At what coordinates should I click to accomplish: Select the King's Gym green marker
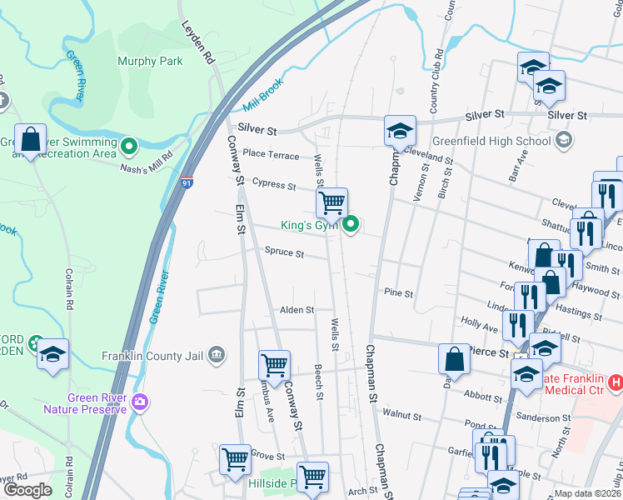(352, 223)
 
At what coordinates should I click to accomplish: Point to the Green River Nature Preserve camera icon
(139, 402)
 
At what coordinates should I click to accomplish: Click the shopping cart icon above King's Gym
(331, 202)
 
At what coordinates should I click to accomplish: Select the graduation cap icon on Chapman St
(400, 131)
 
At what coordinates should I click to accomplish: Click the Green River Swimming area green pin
(128, 147)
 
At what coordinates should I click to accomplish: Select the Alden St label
(297, 309)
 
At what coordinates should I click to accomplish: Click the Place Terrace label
(271, 155)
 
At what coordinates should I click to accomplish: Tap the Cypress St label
(275, 184)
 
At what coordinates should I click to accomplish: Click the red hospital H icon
(616, 382)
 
